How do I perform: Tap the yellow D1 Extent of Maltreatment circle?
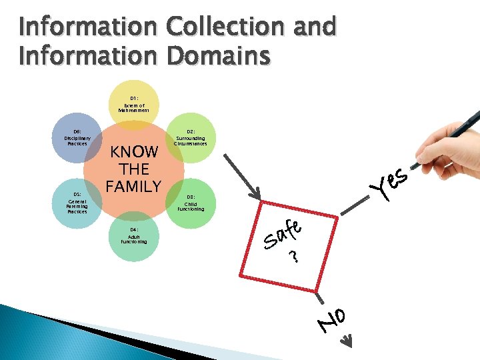click(134, 105)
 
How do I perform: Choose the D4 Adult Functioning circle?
click(134, 237)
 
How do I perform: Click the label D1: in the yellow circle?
click(134, 97)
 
